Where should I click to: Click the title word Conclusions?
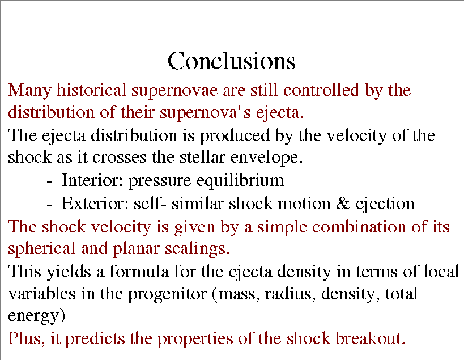pos(231,61)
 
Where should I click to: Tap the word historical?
pos(91,90)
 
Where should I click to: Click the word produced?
pos(235,135)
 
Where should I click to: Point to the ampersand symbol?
pos(343,204)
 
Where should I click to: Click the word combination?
pos(359,227)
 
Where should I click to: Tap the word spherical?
pos(41,249)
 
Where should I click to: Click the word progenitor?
pos(167,295)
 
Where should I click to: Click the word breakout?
pos(370,338)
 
